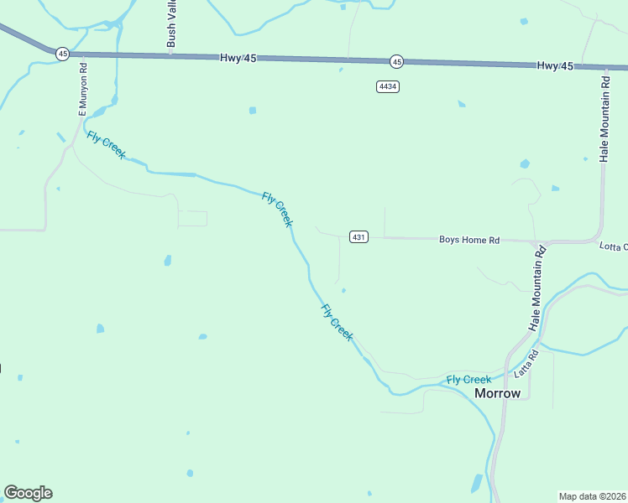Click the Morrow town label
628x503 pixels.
498,393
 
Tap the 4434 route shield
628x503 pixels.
387,86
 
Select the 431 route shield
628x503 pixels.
358,237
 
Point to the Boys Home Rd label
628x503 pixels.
469,240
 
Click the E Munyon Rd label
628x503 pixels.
83,90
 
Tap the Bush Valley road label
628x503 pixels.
171,23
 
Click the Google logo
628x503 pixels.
28,493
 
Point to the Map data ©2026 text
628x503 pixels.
592,496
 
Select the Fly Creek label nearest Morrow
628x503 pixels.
468,380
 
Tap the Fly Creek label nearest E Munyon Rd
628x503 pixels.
106,145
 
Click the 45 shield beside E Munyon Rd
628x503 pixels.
63,53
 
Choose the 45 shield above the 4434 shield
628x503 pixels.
396,61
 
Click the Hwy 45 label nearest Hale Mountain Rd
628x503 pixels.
555,65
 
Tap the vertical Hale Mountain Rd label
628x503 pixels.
604,116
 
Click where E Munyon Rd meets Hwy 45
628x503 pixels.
83,54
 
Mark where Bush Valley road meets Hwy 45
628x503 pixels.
171,56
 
